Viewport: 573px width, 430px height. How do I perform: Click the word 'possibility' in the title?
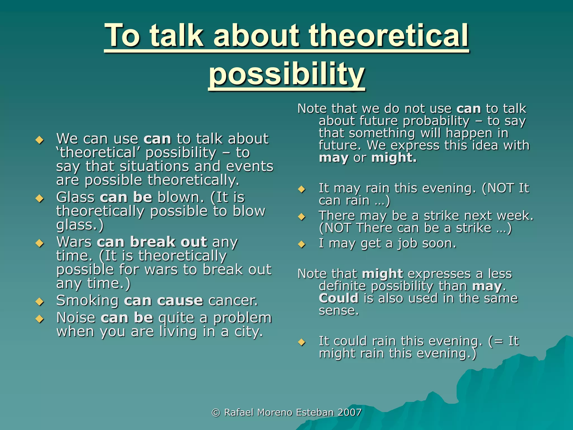point(286,73)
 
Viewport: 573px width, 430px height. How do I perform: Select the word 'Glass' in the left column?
point(75,197)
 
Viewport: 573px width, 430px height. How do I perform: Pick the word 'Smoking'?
point(87,301)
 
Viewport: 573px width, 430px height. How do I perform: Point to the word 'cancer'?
point(233,301)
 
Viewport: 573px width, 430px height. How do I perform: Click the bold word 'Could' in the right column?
point(339,298)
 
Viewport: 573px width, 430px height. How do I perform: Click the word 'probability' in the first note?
point(414,121)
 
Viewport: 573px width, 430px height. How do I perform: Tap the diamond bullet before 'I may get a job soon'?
point(302,244)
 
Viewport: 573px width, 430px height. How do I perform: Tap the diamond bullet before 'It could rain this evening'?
point(302,342)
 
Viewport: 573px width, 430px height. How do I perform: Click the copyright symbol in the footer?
point(216,413)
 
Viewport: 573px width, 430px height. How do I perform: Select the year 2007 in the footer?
point(349,412)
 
